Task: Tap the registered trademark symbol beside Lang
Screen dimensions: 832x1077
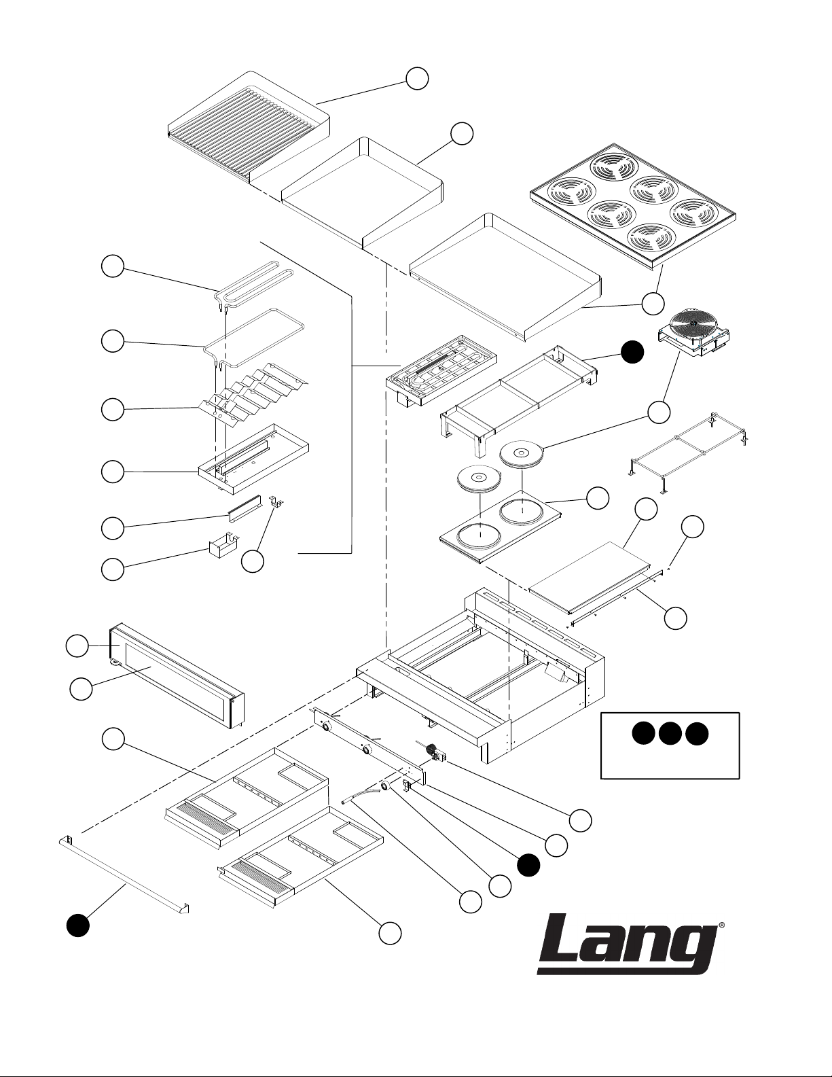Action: (x=721, y=925)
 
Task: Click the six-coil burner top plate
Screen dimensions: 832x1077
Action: (x=633, y=203)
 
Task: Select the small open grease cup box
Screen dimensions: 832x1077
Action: (x=223, y=545)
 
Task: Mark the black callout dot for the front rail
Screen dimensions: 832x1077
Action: (x=78, y=925)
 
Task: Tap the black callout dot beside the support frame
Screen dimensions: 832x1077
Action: (x=633, y=352)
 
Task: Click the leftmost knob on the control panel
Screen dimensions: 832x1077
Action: (x=327, y=726)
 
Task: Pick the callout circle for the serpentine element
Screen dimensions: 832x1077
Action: (x=113, y=266)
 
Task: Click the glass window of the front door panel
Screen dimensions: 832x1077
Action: (x=177, y=682)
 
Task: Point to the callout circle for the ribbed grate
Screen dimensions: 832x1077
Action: (x=417, y=79)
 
